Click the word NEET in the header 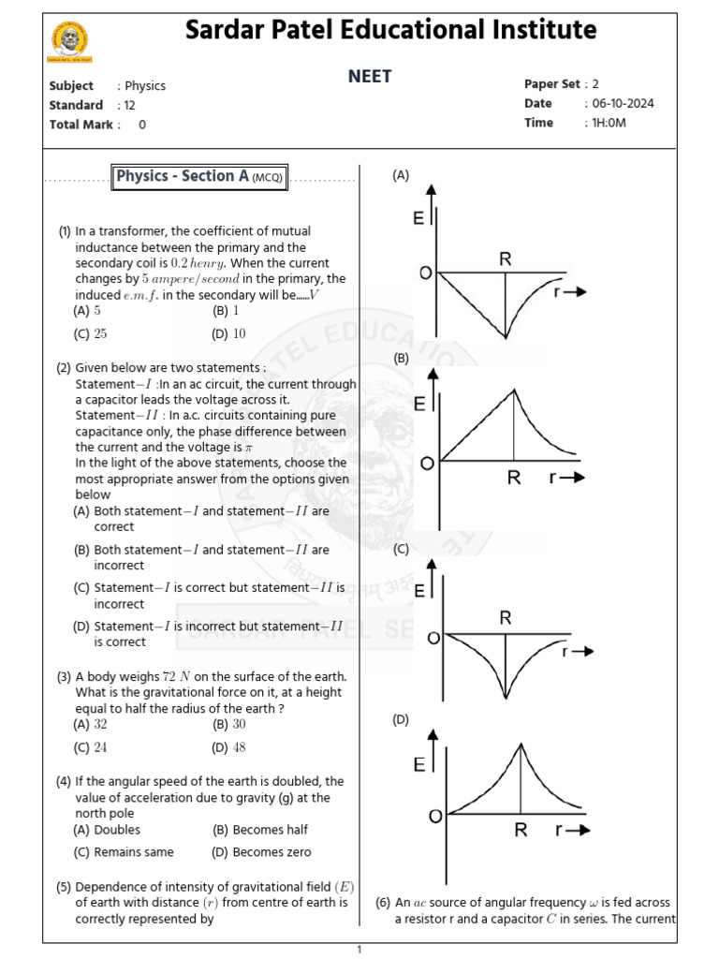point(370,77)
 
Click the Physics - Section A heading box point(199,176)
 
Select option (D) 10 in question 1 point(229,333)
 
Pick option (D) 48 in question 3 point(229,746)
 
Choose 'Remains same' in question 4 point(125,852)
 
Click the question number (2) point(64,368)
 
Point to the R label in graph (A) point(505,259)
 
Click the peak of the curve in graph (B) point(513,390)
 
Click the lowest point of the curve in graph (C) point(506,697)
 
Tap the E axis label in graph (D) point(418,766)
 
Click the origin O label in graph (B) point(427,464)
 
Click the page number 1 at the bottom point(359,950)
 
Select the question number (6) point(383,903)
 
